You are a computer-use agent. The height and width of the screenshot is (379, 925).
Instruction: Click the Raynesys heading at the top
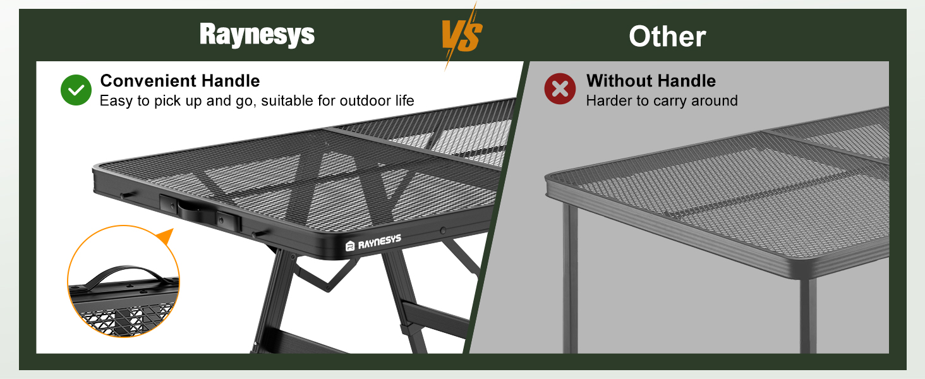click(257, 35)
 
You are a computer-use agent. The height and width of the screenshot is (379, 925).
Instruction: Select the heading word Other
click(667, 37)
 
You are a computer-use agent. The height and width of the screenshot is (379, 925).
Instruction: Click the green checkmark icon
click(76, 90)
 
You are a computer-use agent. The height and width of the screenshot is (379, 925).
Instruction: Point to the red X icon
click(560, 89)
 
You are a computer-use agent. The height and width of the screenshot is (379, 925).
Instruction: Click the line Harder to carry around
click(662, 100)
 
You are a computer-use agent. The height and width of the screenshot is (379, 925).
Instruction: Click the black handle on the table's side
click(197, 210)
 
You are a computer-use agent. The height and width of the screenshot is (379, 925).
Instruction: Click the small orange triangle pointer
click(165, 238)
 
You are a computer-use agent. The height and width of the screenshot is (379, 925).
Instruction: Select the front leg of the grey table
click(570, 278)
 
